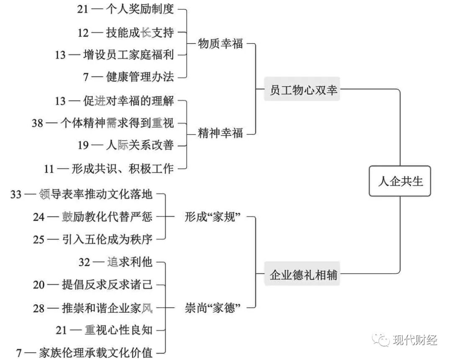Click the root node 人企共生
(400, 181)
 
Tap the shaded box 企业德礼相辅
(302, 275)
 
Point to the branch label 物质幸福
(220, 44)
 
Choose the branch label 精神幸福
(220, 134)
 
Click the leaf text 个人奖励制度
(140, 9)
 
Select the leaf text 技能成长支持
(140, 32)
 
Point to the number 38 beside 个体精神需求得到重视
(38, 123)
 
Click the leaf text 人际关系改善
(140, 146)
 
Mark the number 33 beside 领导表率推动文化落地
(16, 194)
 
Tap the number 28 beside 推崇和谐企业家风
(39, 309)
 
